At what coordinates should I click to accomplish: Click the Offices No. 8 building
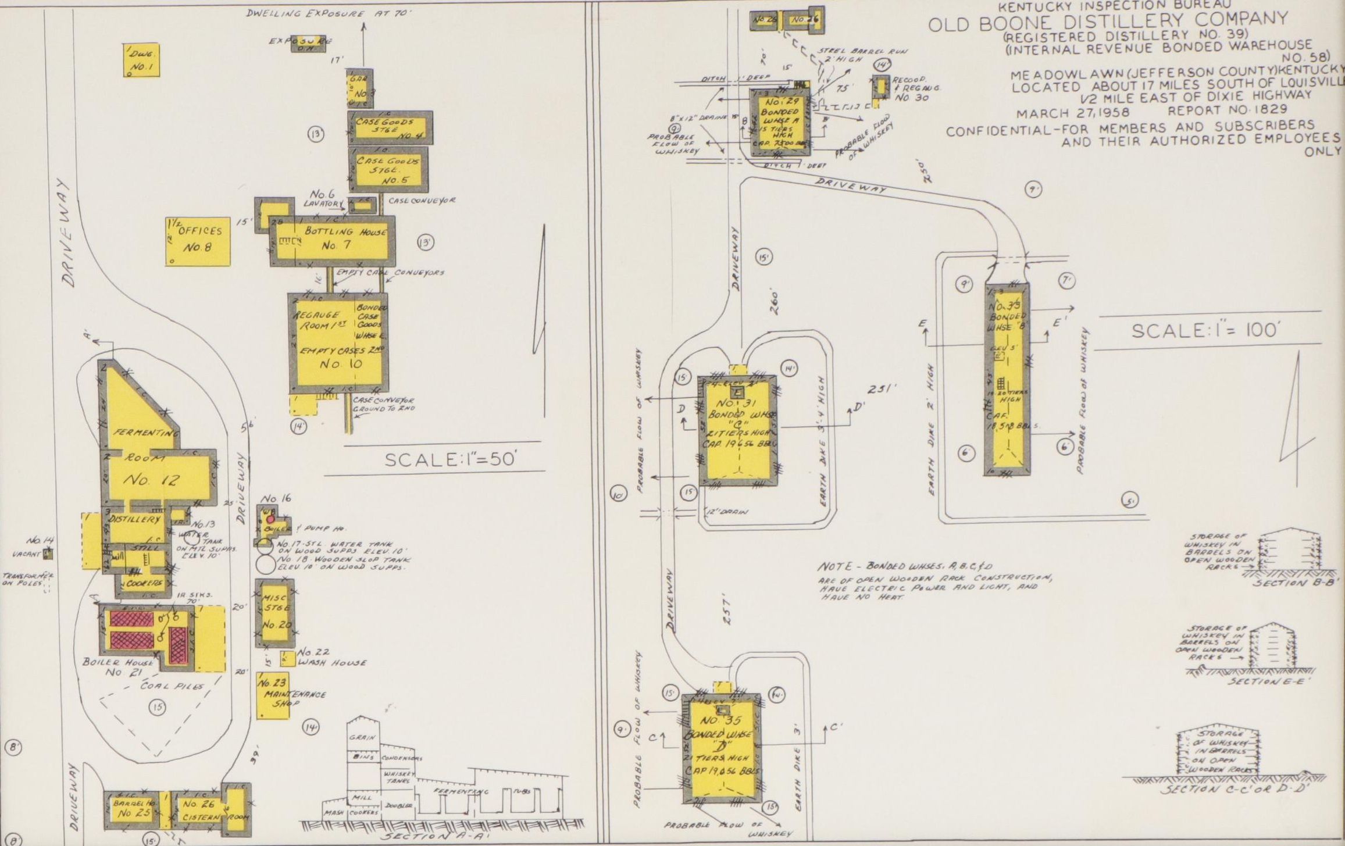pyautogui.click(x=198, y=241)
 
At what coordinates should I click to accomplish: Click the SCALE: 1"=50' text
pyautogui.click(x=451, y=459)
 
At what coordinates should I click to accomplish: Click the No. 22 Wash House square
pyautogui.click(x=287, y=658)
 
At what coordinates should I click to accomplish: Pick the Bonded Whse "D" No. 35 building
pyautogui.click(x=722, y=747)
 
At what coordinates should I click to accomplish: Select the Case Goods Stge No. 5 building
pyautogui.click(x=388, y=169)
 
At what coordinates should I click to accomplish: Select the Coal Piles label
pyautogui.click(x=172, y=686)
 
